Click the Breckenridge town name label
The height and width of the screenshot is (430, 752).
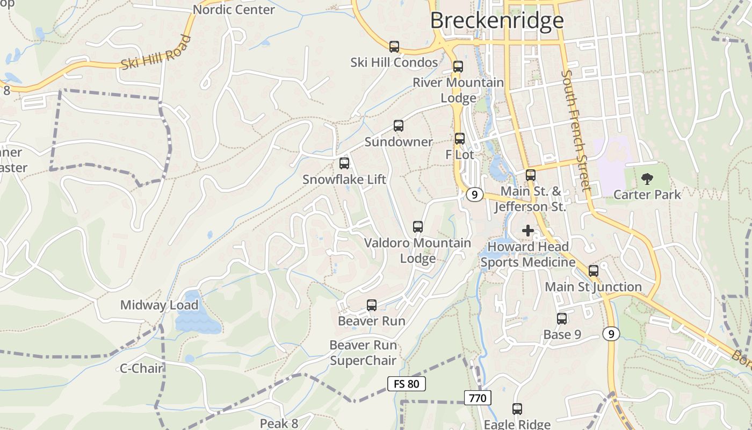[497, 20]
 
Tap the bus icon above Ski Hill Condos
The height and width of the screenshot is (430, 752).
[394, 47]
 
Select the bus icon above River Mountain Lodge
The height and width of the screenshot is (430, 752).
[458, 67]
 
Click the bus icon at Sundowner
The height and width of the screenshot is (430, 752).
[398, 126]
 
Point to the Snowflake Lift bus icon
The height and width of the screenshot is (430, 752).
[344, 163]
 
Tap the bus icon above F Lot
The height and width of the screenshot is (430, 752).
[459, 139]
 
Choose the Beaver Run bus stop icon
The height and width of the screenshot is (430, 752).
[371, 305]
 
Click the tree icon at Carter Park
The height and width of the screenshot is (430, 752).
[647, 179]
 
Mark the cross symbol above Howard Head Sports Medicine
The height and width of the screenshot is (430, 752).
[528, 231]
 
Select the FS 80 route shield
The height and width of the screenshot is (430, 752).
[406, 384]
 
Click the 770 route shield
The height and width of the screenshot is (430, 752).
[477, 398]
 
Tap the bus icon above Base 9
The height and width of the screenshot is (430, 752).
[561, 319]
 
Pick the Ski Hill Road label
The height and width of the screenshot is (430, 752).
[156, 52]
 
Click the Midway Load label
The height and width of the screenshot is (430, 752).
[159, 305]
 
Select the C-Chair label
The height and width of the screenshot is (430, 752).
[141, 368]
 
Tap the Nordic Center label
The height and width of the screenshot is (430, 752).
[234, 10]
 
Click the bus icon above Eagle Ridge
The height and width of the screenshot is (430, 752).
[517, 409]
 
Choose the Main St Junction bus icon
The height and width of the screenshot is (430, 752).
[593, 271]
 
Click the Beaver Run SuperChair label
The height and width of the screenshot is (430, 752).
[363, 353]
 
